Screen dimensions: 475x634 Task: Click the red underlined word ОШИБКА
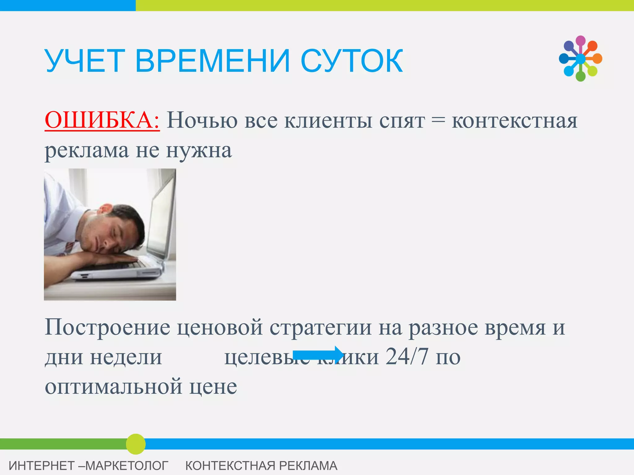point(102,120)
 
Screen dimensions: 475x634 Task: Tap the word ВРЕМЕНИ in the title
point(213,61)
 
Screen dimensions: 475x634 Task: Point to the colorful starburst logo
point(580,58)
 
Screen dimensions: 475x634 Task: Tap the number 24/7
point(407,357)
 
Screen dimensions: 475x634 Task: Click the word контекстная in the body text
point(515,121)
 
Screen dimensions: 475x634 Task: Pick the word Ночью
point(202,120)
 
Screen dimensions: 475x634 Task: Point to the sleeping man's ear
point(105,209)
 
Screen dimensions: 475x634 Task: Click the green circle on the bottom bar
point(136,444)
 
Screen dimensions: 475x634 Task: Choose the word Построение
point(107,327)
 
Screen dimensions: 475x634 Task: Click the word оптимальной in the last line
point(114,387)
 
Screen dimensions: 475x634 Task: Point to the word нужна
point(199,151)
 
